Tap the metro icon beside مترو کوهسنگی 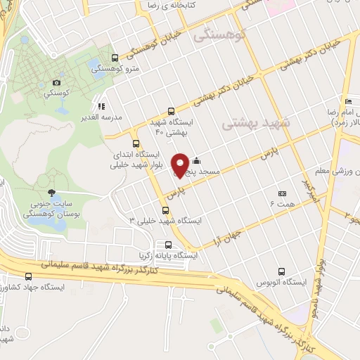pos(115,58)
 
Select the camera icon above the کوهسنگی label pos(57,82)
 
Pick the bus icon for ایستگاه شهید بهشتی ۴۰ pos(171,110)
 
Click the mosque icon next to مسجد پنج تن pos(195,160)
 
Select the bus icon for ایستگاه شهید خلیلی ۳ pos(165,210)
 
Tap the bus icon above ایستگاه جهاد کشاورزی pos(28,276)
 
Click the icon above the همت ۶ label pos(282,193)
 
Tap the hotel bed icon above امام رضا pos(347,101)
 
